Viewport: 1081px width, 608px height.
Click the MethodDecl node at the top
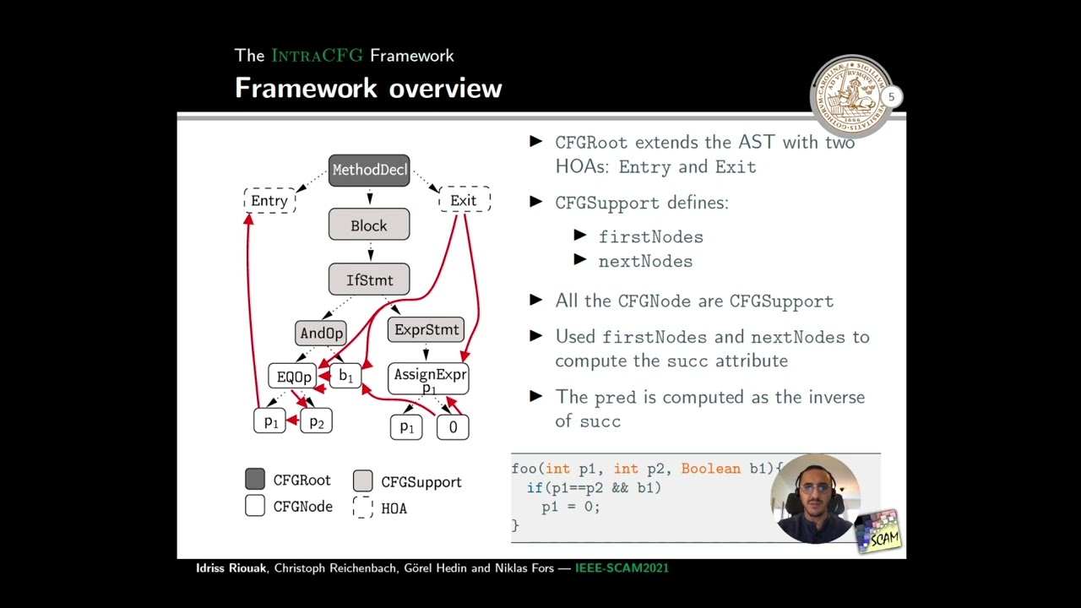click(369, 170)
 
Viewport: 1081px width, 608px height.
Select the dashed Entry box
click(269, 200)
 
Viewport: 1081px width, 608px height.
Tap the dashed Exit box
click(464, 200)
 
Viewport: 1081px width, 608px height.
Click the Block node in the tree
click(369, 225)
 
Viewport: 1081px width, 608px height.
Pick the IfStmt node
click(369, 280)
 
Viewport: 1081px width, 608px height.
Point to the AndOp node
click(321, 333)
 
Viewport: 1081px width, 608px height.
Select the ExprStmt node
click(426, 329)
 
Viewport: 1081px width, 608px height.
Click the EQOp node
click(293, 377)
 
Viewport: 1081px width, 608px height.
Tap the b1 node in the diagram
click(345, 376)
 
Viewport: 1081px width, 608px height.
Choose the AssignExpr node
click(429, 377)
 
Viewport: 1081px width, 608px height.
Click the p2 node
click(317, 421)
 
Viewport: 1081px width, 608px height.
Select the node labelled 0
click(453, 427)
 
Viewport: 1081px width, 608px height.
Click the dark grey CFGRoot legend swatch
click(255, 480)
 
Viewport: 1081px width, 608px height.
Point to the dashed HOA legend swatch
click(363, 508)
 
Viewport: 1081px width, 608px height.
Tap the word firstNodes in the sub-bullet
click(650, 237)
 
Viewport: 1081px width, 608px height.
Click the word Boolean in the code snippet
click(710, 469)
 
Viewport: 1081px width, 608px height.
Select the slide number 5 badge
click(891, 97)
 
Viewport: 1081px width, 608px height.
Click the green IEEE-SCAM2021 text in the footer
click(622, 568)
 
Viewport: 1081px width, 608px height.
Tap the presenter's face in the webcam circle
click(814, 498)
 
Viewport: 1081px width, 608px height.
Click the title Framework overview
click(368, 88)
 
